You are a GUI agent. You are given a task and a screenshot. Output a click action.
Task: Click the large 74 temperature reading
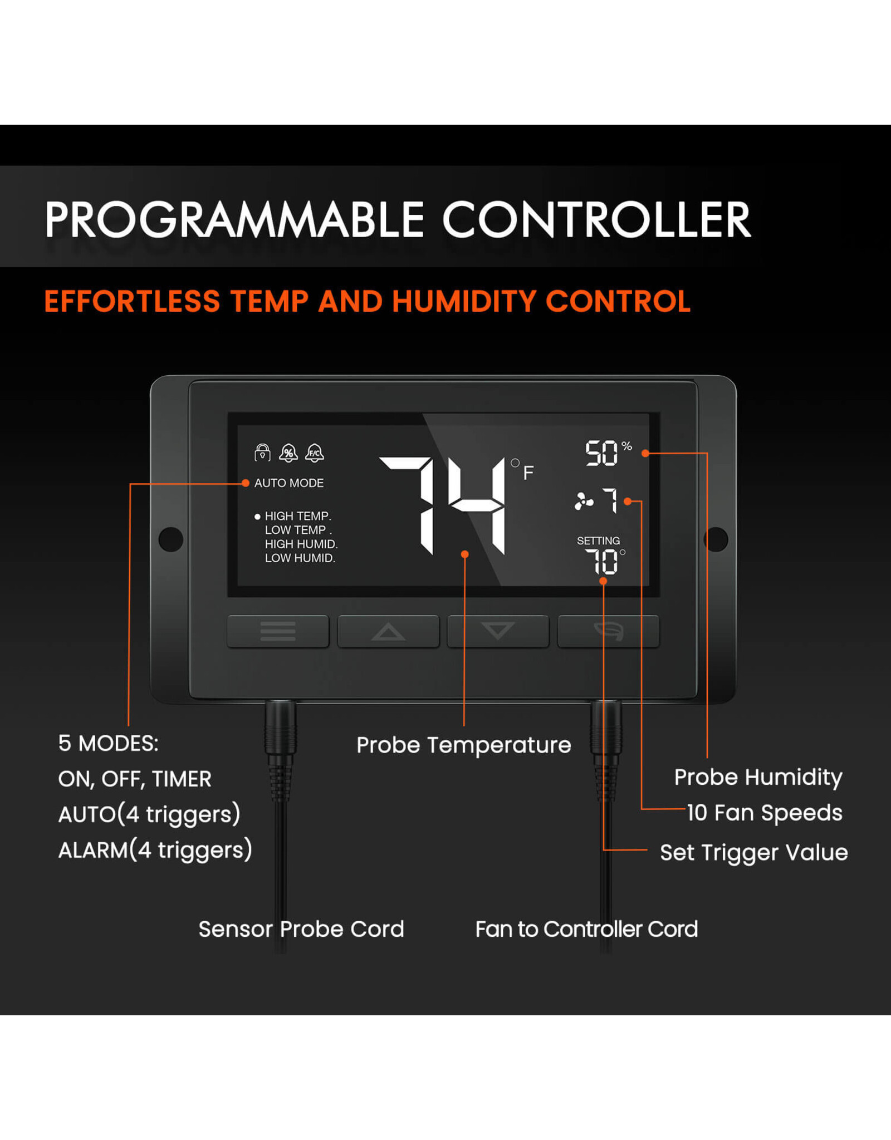point(442,505)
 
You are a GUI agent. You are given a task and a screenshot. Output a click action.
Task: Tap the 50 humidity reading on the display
point(601,453)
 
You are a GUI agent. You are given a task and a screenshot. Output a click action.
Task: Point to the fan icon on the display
point(584,501)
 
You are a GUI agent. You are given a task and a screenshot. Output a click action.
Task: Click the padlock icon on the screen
point(262,453)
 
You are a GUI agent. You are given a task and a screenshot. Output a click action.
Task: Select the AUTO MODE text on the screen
point(289,483)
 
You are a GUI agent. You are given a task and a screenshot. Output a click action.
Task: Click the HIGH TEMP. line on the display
point(298,516)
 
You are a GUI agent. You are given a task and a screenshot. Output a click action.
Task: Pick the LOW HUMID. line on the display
point(300,558)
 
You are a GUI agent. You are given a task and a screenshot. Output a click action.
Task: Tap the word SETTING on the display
point(598,540)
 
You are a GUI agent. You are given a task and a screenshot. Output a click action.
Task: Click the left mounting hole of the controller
point(171,539)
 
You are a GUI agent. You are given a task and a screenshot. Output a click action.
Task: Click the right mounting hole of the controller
point(716,539)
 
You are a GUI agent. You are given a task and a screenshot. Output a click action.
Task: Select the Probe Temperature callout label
point(464,745)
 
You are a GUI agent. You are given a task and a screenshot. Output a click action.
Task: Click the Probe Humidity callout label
point(758,778)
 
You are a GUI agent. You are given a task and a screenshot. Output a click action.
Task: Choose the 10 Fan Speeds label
point(765,813)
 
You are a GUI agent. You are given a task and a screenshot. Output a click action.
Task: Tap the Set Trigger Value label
point(754,853)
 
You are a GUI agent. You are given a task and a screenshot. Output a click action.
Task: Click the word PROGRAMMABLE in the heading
point(234,220)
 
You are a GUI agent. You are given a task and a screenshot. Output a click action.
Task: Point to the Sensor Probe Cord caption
point(301,929)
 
